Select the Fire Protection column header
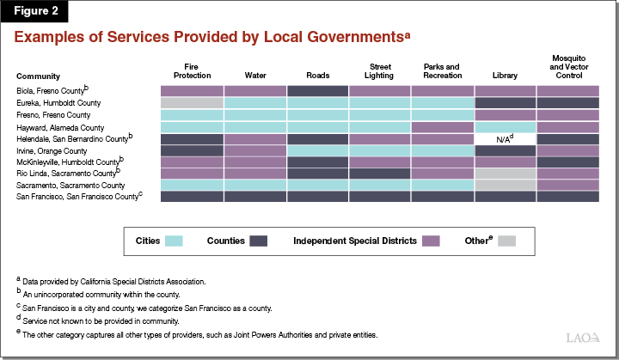pos(192,71)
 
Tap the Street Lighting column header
pos(379,71)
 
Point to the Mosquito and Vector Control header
pos(567,67)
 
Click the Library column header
pos(505,76)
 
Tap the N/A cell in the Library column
pos(505,137)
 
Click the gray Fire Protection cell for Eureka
pos(192,102)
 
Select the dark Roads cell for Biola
pos(317,90)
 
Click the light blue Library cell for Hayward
pos(505,126)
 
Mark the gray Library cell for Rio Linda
pos(505,173)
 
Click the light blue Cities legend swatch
pos(174,241)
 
